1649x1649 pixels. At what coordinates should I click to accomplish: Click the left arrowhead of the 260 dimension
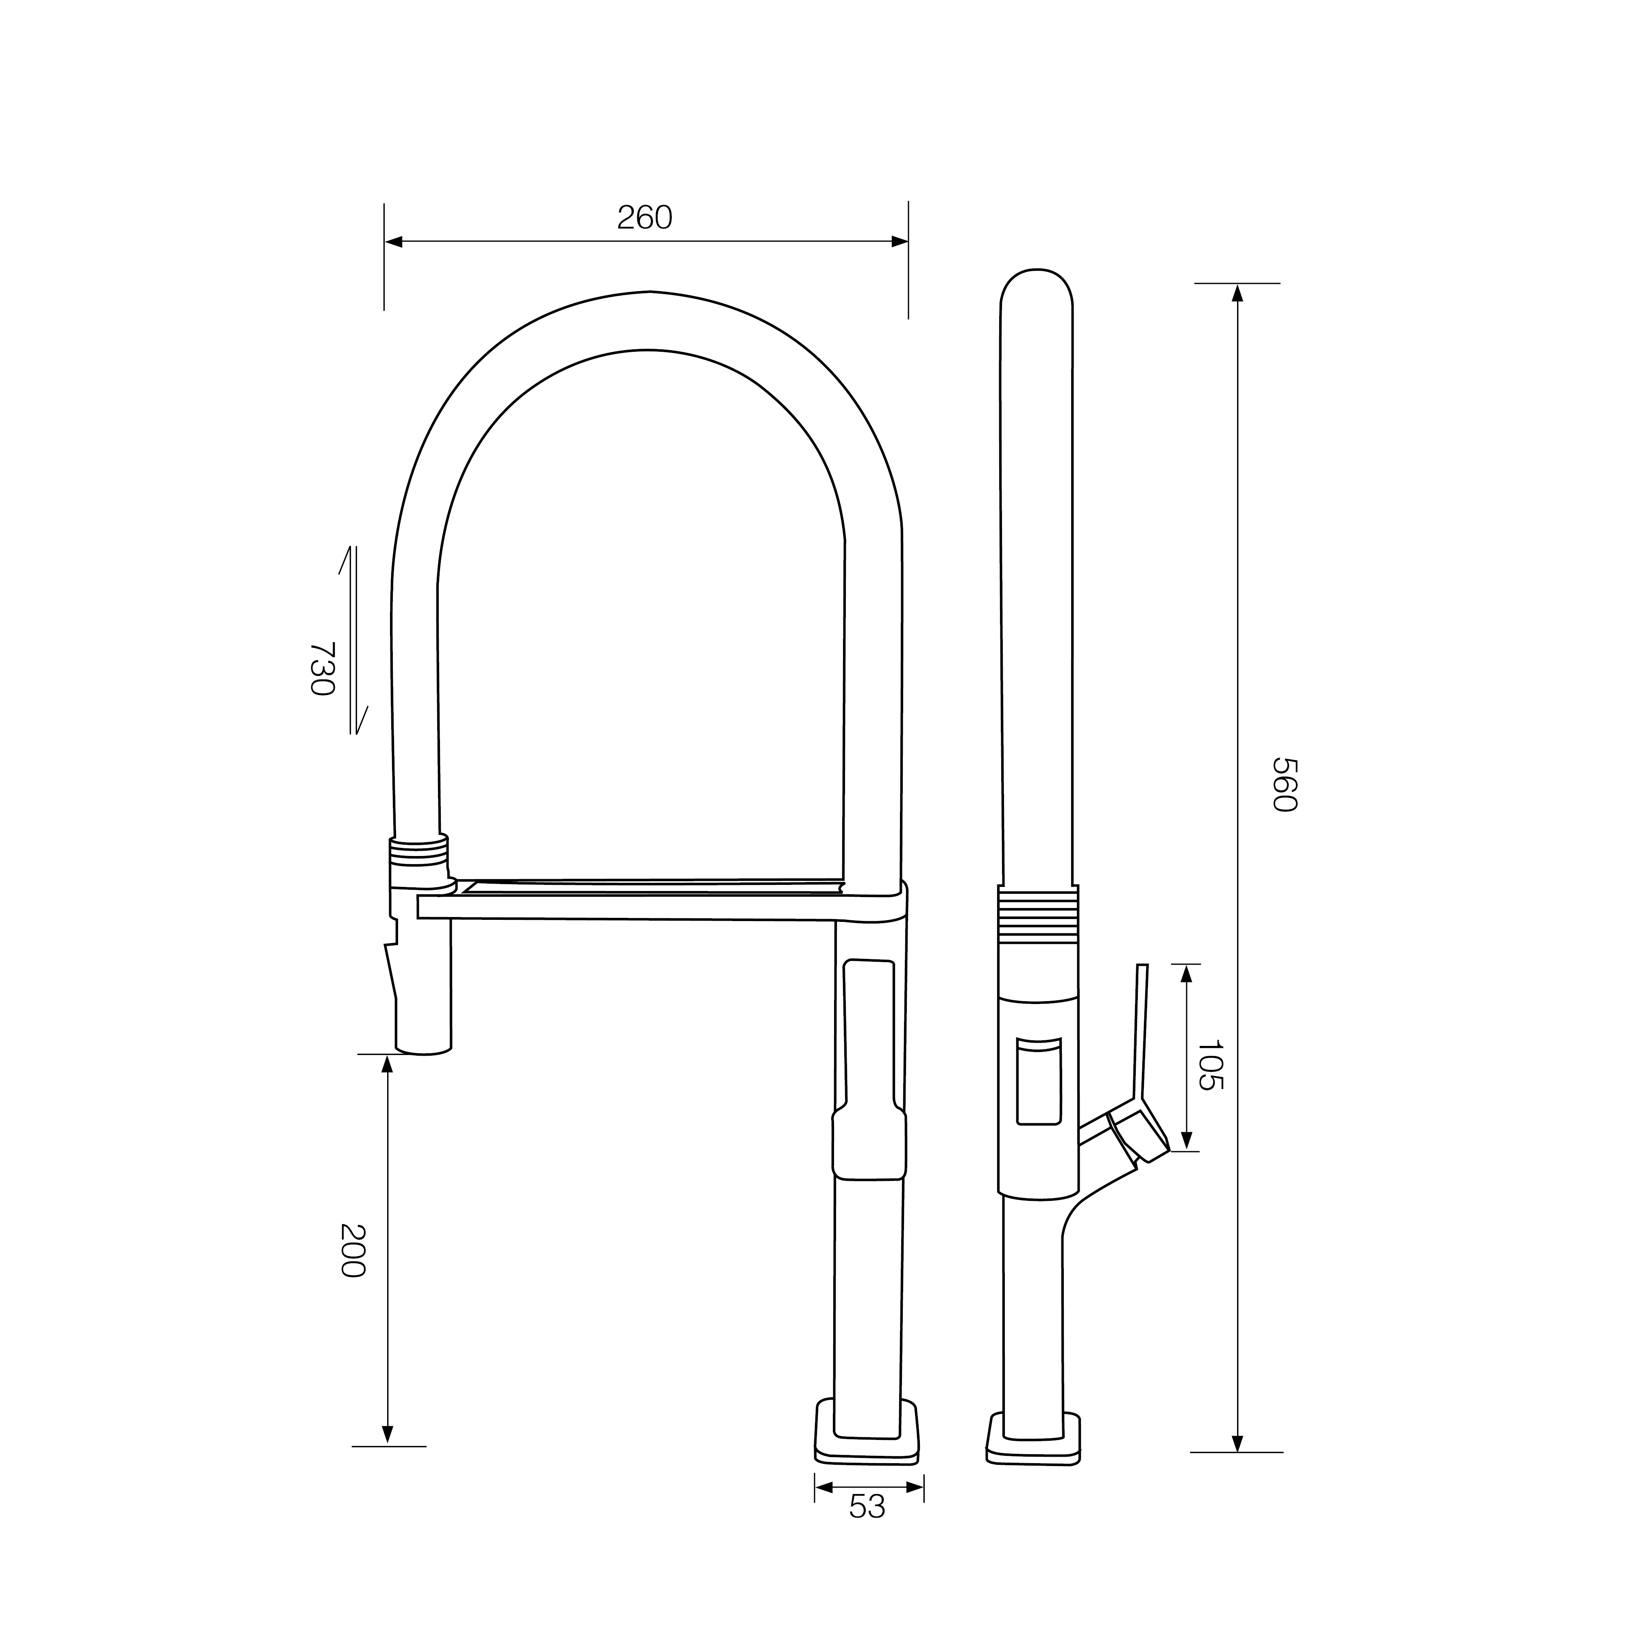[x=394, y=242]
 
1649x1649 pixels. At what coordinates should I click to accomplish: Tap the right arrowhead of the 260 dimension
[x=900, y=242]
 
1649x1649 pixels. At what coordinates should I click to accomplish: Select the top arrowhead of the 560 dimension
[x=1237, y=293]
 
